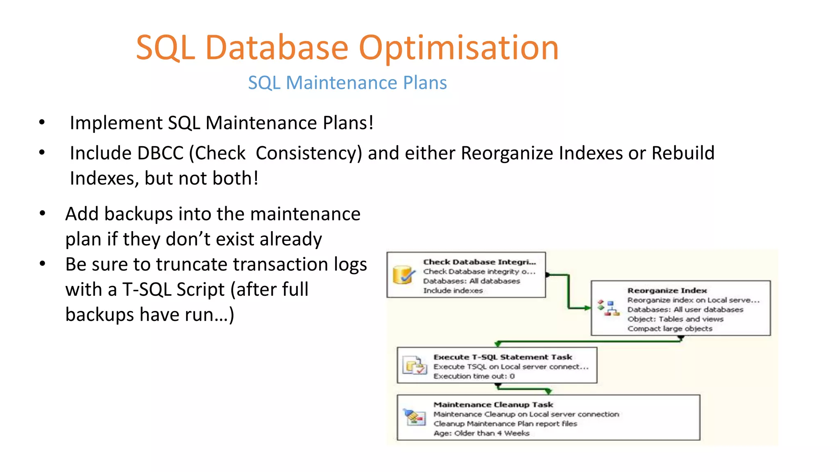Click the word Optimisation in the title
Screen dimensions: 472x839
(x=458, y=48)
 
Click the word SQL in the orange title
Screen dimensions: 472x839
(x=165, y=48)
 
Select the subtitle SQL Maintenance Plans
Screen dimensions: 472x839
(x=347, y=83)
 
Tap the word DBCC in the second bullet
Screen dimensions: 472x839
(x=160, y=153)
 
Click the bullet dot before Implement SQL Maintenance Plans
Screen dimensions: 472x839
(x=42, y=122)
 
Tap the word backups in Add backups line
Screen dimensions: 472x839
(x=138, y=214)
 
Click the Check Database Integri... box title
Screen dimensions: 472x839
(x=479, y=262)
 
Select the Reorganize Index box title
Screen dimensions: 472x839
(x=667, y=290)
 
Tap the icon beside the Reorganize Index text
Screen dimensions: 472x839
(x=608, y=308)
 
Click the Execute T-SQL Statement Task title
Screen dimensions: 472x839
(x=503, y=357)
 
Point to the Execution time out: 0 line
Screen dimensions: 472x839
(x=474, y=376)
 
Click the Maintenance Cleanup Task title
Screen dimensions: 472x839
(x=493, y=405)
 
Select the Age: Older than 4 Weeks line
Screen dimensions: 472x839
(x=481, y=433)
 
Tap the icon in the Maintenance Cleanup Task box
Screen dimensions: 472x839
(x=415, y=417)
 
